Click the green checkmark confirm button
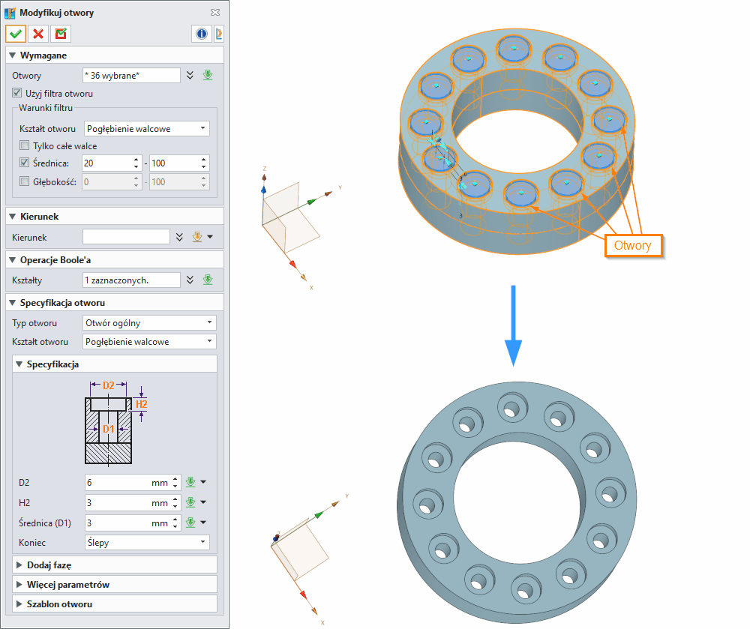[16, 34]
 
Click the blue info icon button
[202, 34]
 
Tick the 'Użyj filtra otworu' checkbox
[18, 94]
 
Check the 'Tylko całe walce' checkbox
[25, 145]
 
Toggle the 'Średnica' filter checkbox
[25, 163]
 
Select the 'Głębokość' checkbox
[25, 181]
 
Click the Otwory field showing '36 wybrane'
[131, 75]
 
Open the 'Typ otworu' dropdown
[149, 323]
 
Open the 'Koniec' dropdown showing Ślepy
[145, 542]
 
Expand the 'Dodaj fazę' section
[49, 565]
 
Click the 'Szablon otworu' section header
[59, 604]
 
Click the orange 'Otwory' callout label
[632, 244]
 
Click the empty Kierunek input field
[126, 237]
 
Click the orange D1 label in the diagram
[109, 429]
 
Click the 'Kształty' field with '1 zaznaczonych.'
[131, 280]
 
